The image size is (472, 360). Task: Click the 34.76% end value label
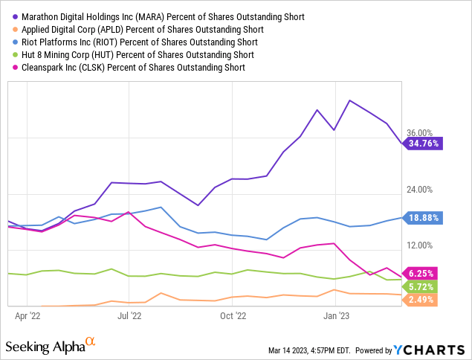coord(423,143)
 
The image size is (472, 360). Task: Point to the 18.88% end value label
coord(423,218)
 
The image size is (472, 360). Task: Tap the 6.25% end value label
coord(420,273)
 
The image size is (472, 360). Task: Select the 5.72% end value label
coord(420,286)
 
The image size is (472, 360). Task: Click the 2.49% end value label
coord(420,300)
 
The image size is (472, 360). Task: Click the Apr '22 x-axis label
coord(28,315)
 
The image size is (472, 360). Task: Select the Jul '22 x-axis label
coord(130,315)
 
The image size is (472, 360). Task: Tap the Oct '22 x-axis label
coord(233,315)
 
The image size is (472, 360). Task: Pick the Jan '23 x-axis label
coord(336,315)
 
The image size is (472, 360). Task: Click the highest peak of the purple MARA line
coord(349,100)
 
